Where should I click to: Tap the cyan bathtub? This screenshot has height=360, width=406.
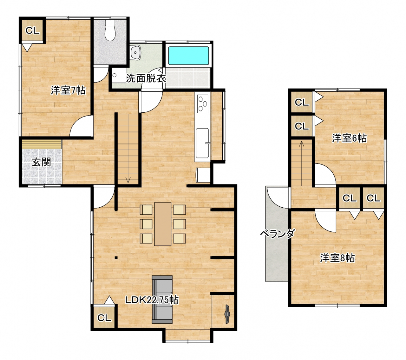[189, 56]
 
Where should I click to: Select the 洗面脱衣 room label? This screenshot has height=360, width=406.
[146, 78]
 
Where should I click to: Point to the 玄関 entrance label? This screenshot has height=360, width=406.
[42, 162]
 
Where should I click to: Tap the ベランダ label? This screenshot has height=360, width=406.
[278, 234]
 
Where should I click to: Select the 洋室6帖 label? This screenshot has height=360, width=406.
[349, 138]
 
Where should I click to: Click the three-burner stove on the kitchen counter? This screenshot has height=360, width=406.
[202, 104]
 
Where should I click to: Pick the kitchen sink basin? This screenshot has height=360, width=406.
[202, 143]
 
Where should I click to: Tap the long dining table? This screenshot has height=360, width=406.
[162, 224]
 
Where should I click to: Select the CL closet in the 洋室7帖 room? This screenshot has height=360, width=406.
[32, 31]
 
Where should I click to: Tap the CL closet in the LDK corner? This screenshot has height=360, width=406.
[104, 318]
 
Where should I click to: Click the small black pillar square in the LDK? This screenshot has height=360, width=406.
[116, 258]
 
